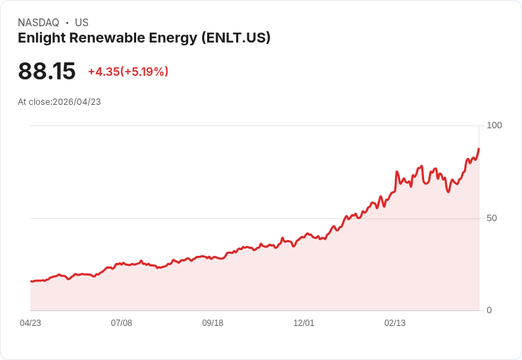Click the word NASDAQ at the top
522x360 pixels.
tap(38, 23)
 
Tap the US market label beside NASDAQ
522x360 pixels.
tap(82, 23)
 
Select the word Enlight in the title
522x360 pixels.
tap(40, 38)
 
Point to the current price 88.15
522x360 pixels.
tap(47, 72)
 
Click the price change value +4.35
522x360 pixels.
tap(103, 72)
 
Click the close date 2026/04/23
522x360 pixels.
tap(77, 102)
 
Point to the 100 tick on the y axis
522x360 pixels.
tap(494, 125)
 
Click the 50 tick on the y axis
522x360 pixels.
tap(492, 218)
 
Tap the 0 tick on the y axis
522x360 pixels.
tap(489, 310)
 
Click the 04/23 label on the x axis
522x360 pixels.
tap(30, 323)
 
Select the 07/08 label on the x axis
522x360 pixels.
tap(121, 323)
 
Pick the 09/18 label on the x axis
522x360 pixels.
tap(213, 323)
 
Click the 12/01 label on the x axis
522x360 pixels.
tap(304, 323)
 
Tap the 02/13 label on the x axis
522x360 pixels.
tap(395, 323)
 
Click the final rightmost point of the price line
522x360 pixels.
tap(479, 149)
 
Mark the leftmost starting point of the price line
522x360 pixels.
tap(31, 281)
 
